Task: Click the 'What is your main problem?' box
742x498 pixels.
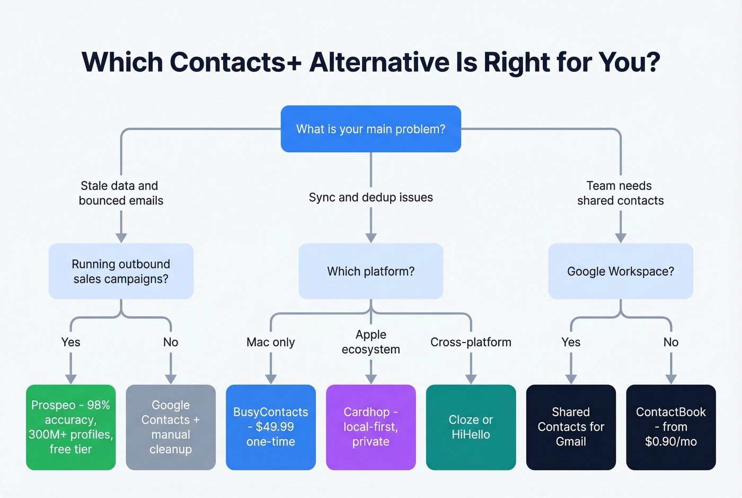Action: tap(370, 129)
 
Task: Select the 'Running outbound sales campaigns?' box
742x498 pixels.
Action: tap(121, 271)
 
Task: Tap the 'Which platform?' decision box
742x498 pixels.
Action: tap(370, 271)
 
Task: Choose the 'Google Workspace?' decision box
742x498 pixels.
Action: tap(620, 271)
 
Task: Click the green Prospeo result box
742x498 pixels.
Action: tap(70, 427)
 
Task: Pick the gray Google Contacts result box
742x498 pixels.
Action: tap(171, 427)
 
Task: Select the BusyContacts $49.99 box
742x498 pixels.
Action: tap(270, 427)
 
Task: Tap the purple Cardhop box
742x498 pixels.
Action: tap(370, 427)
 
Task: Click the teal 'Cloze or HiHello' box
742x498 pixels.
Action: tap(471, 427)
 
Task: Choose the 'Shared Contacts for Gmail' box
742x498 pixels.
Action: tap(571, 427)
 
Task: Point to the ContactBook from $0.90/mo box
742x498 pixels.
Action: tap(670, 427)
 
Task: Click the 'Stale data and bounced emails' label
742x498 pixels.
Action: tap(120, 193)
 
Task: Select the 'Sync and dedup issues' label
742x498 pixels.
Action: tap(370, 197)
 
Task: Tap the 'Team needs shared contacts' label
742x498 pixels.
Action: tap(620, 193)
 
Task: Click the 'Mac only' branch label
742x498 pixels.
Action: tap(270, 342)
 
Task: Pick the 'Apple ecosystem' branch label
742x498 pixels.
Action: tap(370, 342)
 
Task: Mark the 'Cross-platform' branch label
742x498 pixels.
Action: tap(471, 342)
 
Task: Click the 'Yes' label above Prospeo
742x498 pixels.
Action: tap(70, 342)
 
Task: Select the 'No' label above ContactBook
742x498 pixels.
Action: tap(670, 342)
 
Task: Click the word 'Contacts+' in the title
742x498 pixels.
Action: tap(235, 62)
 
